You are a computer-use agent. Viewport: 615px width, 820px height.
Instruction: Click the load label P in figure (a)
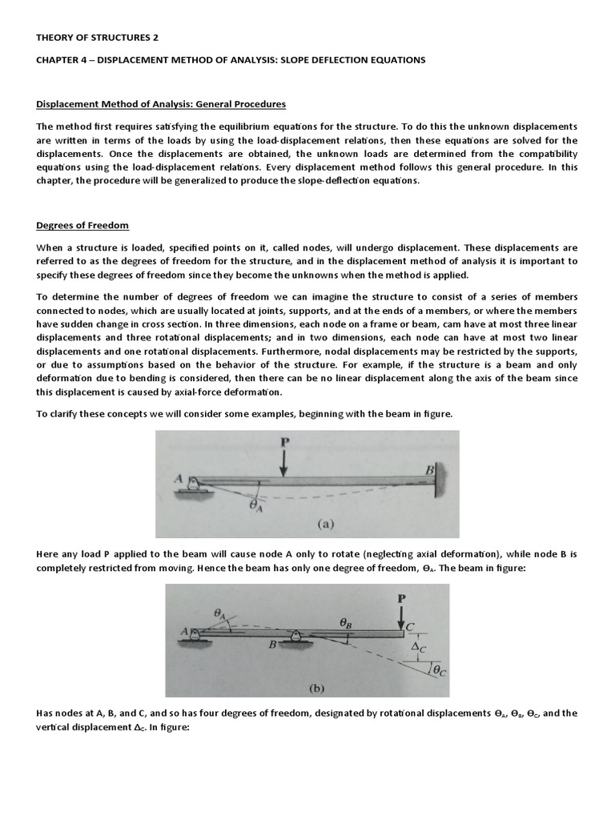[285, 442]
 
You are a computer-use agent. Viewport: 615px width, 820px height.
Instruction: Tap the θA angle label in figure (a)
[255, 505]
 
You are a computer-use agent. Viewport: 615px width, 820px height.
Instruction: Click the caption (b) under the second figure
[295, 686]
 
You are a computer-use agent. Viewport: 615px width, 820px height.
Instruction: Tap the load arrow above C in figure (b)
[401, 616]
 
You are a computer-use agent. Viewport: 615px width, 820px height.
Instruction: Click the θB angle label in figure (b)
[346, 621]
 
